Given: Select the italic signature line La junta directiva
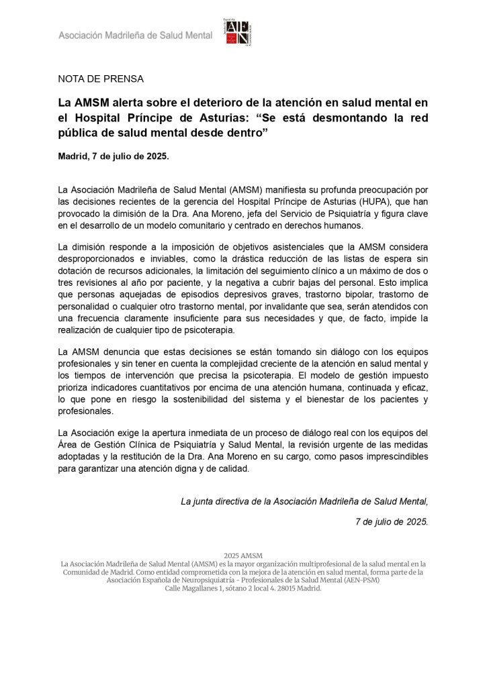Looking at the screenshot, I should click(304, 500).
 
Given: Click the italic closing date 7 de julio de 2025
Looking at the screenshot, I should click(391, 521).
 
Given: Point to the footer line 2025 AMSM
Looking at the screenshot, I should click(243, 556).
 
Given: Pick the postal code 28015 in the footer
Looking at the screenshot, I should click(281, 588).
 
